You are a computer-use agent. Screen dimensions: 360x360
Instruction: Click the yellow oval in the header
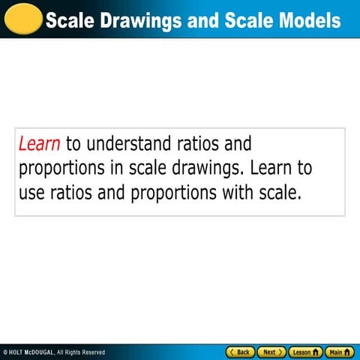[x=22, y=17]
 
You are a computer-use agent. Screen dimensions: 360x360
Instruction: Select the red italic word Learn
[x=39, y=142]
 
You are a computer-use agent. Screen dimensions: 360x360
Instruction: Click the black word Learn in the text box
[x=276, y=167]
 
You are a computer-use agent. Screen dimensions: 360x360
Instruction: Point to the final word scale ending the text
[x=279, y=192]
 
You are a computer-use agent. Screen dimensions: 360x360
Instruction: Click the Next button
[x=271, y=352]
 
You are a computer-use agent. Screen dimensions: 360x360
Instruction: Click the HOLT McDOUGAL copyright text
[x=54, y=352]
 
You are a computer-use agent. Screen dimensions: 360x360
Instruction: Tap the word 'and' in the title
[x=201, y=19]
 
